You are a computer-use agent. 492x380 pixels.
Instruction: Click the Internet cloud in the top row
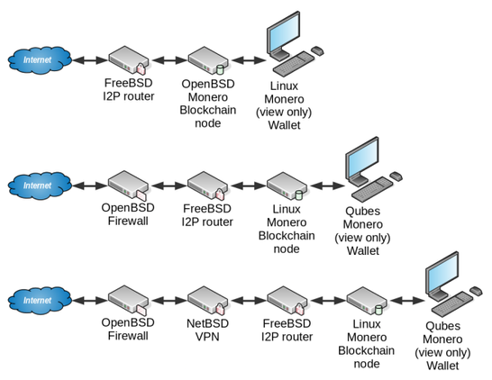pyautogui.click(x=40, y=60)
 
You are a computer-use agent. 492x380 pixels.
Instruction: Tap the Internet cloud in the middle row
pyautogui.click(x=40, y=185)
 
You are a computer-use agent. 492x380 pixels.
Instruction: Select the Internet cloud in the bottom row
pyautogui.click(x=40, y=300)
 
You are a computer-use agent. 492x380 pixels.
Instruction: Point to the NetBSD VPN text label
pyautogui.click(x=207, y=330)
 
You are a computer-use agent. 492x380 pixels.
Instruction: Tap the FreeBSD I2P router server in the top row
pyautogui.click(x=129, y=60)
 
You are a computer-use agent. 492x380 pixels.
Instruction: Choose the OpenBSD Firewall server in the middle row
pyautogui.click(x=128, y=185)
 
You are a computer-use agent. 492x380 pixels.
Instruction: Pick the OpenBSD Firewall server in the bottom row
pyautogui.click(x=128, y=301)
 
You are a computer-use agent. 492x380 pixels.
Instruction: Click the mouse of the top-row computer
pyautogui.click(x=317, y=50)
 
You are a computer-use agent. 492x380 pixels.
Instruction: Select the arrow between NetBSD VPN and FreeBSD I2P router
pyautogui.click(x=248, y=301)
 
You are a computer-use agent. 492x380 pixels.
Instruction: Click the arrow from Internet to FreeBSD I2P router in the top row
pyautogui.click(x=90, y=60)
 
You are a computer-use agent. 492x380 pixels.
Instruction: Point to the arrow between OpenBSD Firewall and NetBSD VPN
pyautogui.click(x=169, y=301)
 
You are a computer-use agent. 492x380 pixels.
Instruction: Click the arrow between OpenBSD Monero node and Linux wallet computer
pyautogui.click(x=249, y=60)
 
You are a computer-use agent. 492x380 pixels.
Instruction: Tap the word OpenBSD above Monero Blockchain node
pyautogui.click(x=208, y=84)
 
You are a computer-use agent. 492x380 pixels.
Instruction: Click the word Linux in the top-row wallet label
pyautogui.click(x=284, y=86)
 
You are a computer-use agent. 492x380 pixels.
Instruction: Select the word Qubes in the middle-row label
pyautogui.click(x=363, y=212)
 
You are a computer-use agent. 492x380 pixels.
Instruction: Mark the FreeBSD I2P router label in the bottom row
pyautogui.click(x=287, y=330)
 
